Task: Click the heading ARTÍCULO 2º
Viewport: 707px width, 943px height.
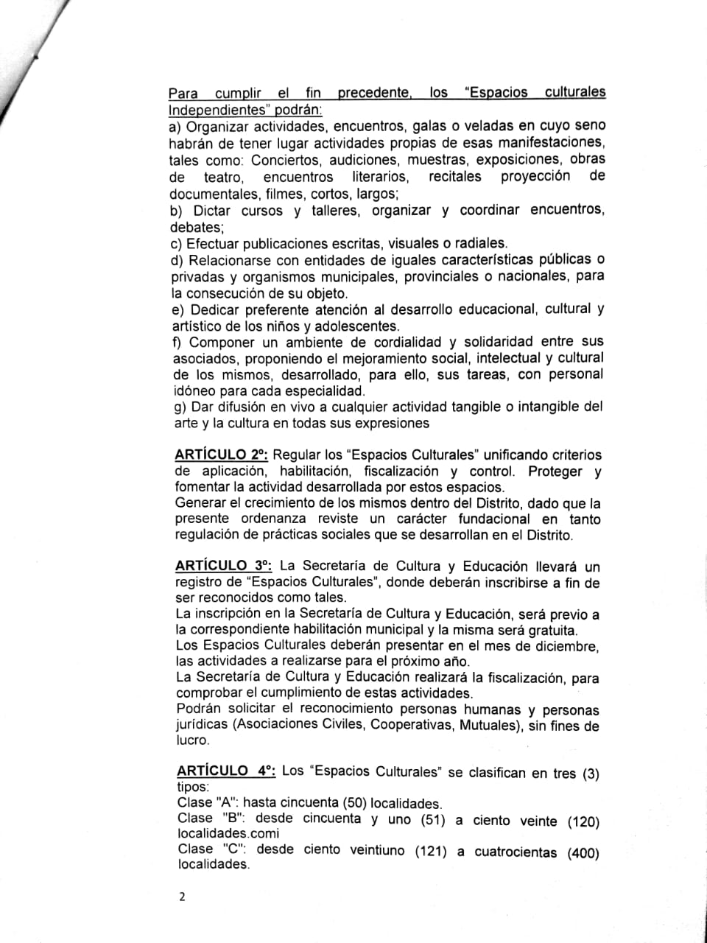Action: [x=221, y=455]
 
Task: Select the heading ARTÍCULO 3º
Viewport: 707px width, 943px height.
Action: [x=224, y=566]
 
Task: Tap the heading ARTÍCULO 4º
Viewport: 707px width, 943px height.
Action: [x=226, y=771]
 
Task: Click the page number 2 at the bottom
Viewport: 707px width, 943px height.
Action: [x=182, y=897]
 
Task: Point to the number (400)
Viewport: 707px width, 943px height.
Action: [x=583, y=852]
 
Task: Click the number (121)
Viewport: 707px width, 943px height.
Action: [x=430, y=851]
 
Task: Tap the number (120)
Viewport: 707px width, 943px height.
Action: [x=583, y=821]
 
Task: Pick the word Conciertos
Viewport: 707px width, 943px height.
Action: [x=286, y=160]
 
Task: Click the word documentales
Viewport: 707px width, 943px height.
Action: [x=206, y=194]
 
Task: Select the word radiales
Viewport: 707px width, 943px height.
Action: [x=481, y=243]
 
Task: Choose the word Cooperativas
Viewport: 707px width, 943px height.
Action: [x=412, y=725]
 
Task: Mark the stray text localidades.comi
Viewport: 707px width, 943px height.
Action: [x=228, y=833]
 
